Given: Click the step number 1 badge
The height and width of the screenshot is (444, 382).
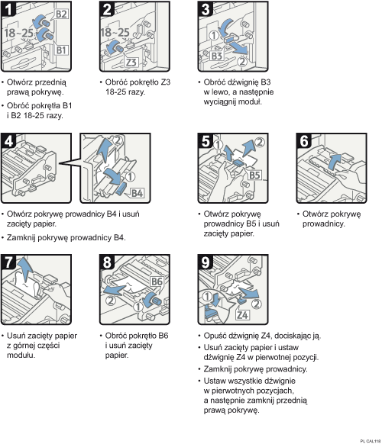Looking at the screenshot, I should click(x=8, y=10).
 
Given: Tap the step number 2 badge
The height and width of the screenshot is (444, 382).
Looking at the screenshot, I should click(x=107, y=10).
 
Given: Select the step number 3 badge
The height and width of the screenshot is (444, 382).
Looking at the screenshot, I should click(x=204, y=10).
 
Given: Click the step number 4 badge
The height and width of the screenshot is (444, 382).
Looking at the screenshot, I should click(x=8, y=140).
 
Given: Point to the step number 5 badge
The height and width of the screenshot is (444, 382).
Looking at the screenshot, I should click(x=204, y=140).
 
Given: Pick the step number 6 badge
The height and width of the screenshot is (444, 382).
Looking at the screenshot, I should click(x=303, y=140).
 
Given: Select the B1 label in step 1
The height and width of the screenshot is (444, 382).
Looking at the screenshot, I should click(x=62, y=51).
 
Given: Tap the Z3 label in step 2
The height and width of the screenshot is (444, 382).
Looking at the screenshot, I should click(x=131, y=62).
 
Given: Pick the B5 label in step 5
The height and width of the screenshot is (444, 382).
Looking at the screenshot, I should click(x=256, y=175).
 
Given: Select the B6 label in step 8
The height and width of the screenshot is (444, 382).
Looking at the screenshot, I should click(x=157, y=282).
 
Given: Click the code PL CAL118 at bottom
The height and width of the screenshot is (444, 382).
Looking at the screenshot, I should click(x=369, y=440).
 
